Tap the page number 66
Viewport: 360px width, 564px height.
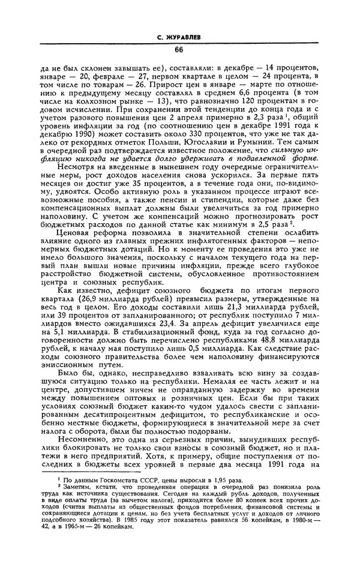coord(179,50)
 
